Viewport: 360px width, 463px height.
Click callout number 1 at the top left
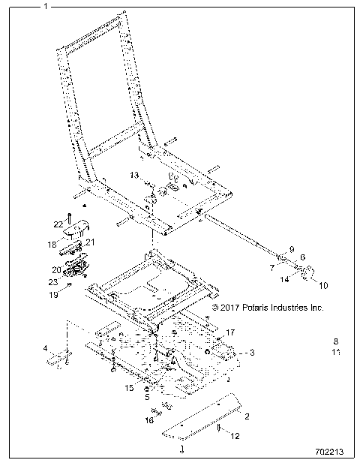click(46, 6)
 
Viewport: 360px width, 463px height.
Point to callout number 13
click(134, 175)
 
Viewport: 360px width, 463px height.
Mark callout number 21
click(90, 242)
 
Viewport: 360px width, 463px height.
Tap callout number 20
click(55, 269)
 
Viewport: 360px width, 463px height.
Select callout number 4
click(44, 348)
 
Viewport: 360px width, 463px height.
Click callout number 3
click(253, 352)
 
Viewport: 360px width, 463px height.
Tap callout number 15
click(129, 388)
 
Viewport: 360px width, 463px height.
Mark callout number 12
click(235, 436)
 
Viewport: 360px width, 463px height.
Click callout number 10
click(324, 285)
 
